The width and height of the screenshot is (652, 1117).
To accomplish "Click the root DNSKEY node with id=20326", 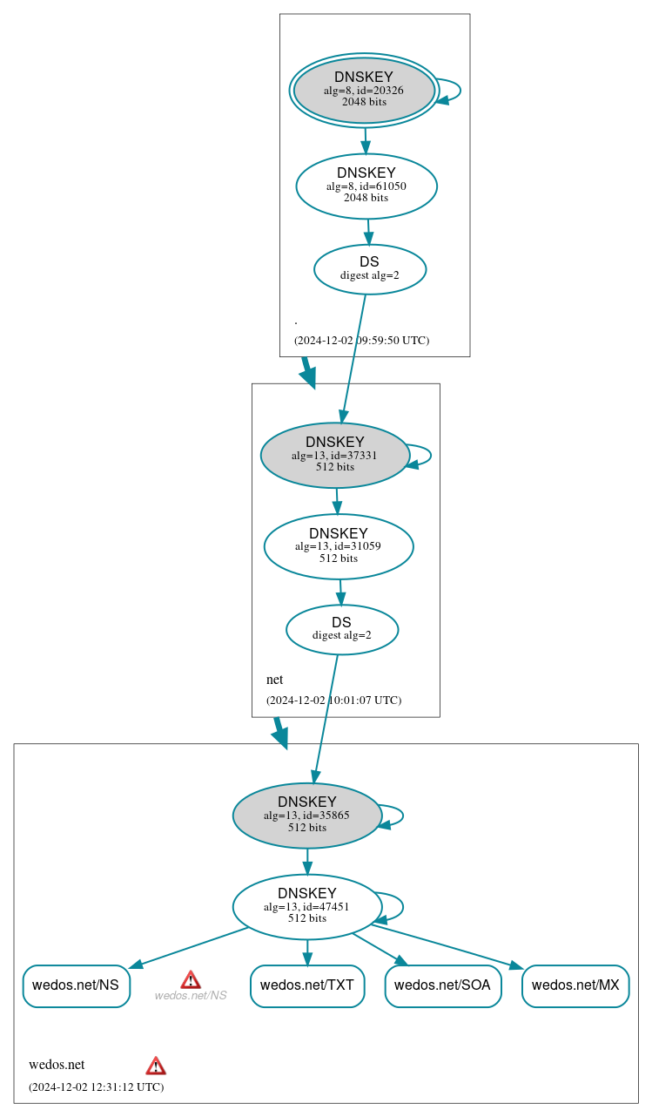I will pos(364,91).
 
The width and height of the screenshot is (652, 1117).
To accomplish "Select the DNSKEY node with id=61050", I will pos(366,186).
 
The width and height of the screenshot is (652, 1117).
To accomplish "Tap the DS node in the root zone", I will pos(370,268).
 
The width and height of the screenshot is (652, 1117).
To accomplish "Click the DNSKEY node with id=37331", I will pos(335,455).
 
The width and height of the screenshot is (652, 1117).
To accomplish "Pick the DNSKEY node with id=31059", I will pos(339,546).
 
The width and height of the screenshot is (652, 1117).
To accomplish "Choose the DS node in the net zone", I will pos(342,629).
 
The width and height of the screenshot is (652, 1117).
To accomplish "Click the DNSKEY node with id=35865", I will pos(307,816).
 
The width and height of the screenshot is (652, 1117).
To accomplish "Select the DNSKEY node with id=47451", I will pos(307,907).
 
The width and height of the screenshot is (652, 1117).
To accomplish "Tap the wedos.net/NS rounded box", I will pos(76,985).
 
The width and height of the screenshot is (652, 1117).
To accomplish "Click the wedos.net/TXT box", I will pos(307,985).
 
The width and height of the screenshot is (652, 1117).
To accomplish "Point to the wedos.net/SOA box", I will pos(442,985).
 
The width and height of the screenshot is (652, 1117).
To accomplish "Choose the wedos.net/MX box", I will pos(575,985).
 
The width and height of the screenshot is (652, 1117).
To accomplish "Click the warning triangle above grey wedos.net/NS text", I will pos(191,979).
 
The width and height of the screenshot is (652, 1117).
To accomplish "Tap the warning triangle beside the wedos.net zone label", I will pos(156,1066).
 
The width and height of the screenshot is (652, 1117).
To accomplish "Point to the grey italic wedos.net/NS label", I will pos(191,996).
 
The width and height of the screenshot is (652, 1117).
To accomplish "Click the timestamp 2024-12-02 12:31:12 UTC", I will pos(96,1087).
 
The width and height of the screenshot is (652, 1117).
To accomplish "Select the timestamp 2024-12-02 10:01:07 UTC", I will pos(333,700).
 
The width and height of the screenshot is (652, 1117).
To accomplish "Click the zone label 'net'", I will pos(274,680).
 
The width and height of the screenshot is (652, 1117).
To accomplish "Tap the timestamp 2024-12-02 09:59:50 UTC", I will pos(361,340).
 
